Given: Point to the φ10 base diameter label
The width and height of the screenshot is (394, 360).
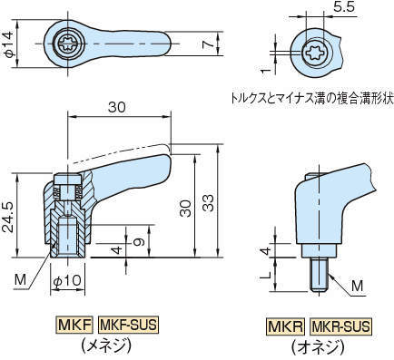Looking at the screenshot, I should (66, 281).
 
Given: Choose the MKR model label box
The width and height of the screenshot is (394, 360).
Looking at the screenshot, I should (284, 325).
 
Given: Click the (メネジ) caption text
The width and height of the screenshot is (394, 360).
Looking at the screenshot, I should (103, 345).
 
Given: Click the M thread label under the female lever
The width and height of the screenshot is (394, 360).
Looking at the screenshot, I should (20, 277).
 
